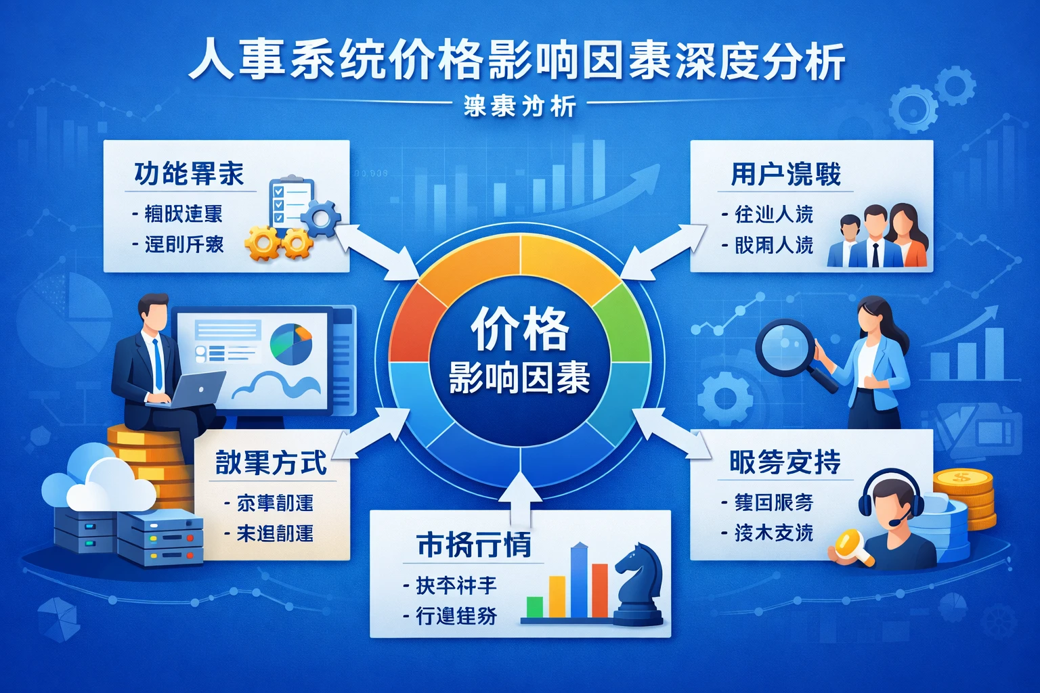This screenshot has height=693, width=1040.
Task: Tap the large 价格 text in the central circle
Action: point(520,329)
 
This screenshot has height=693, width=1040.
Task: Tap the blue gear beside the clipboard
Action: point(320,218)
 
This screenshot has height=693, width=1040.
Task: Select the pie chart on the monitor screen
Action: point(291,344)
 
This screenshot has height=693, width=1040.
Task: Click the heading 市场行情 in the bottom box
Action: point(473,545)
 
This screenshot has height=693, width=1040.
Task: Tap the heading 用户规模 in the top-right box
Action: point(785,175)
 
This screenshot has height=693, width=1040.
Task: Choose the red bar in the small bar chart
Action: point(599,590)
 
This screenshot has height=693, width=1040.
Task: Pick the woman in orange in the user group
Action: point(907,237)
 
